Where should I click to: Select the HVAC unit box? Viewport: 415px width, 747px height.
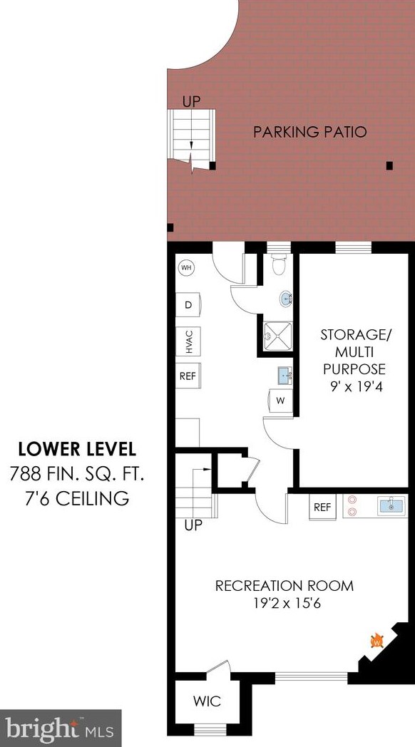point(188,341)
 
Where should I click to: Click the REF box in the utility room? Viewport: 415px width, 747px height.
point(188,376)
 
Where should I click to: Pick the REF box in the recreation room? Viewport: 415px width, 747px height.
point(322,508)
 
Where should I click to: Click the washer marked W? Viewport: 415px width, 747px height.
point(280,401)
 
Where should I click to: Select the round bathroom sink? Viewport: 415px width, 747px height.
point(286,299)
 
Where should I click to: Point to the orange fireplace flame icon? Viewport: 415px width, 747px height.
point(377,640)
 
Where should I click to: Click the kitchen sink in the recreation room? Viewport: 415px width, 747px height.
point(391,506)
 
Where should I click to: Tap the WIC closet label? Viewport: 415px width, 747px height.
point(207,701)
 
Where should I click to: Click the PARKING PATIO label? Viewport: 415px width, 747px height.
point(309,132)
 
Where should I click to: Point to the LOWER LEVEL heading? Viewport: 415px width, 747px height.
point(77,449)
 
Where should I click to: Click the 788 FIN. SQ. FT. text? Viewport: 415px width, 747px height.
point(77,474)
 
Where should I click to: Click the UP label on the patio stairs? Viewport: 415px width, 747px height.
point(192,101)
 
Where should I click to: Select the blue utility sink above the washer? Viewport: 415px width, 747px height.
point(285,375)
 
